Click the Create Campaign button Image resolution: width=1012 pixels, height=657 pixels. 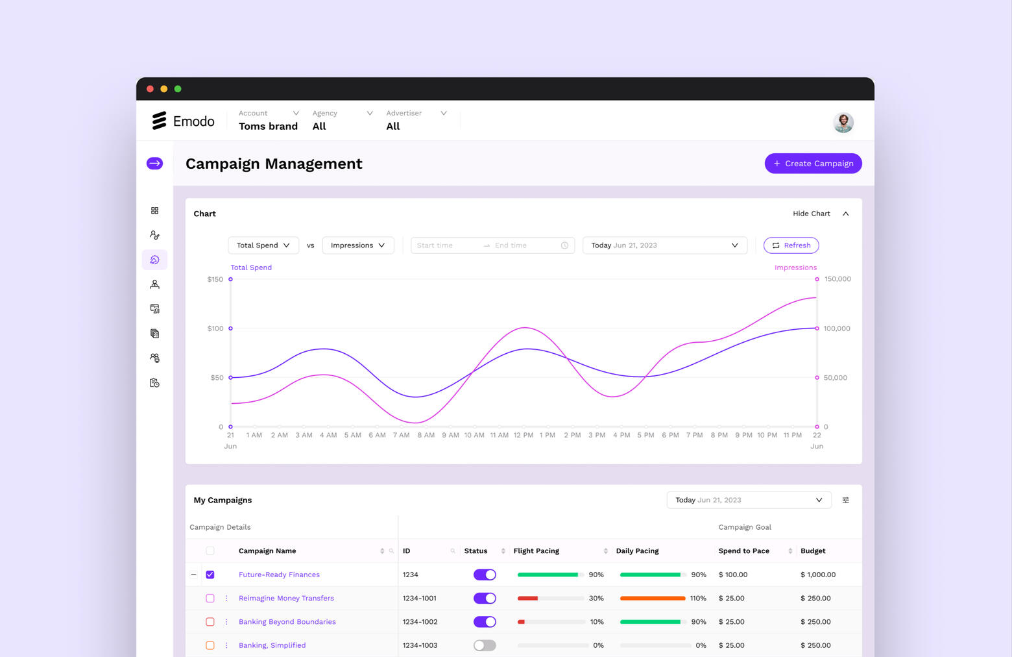813,164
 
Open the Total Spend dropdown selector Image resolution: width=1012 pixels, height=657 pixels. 263,245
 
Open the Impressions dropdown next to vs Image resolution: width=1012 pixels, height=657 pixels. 357,245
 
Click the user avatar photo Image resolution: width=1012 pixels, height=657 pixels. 843,122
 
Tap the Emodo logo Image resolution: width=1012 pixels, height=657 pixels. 183,121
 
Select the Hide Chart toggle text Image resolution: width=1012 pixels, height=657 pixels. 812,214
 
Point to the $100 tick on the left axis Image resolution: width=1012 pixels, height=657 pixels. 215,328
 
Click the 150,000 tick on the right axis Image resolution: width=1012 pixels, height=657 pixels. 837,279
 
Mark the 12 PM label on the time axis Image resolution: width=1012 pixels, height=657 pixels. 523,435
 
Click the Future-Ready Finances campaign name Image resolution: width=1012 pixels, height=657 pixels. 279,575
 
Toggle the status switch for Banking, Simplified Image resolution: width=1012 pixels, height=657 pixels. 485,645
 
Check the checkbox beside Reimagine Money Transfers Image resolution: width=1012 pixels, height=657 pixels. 210,598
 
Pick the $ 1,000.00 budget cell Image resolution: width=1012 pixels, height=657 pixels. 817,575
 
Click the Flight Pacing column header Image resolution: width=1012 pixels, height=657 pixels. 536,551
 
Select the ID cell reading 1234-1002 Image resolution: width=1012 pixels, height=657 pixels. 420,622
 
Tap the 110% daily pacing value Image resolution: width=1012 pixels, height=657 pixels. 698,598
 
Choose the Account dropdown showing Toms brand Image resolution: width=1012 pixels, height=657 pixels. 269,120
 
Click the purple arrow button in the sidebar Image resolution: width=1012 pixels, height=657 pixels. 154,164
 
